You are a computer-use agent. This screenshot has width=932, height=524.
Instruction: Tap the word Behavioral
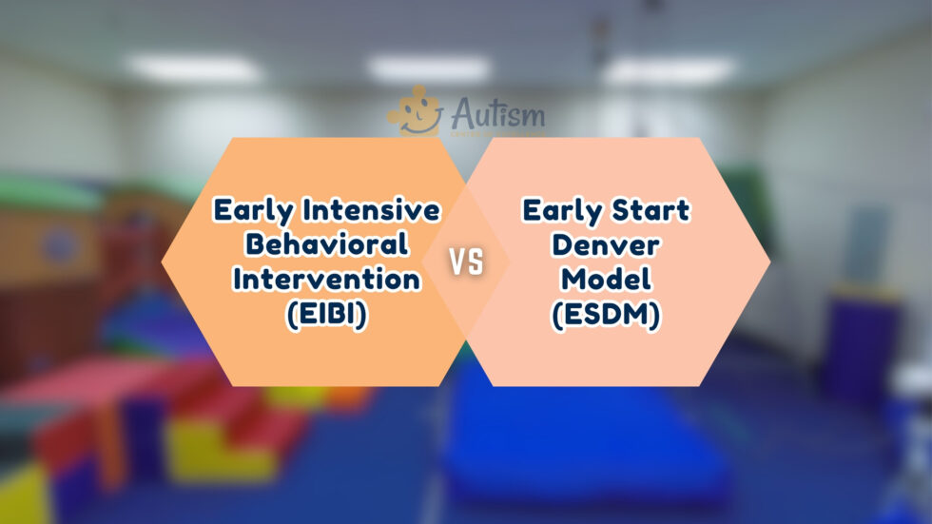coord(327,244)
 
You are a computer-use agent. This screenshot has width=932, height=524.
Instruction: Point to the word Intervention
coord(327,280)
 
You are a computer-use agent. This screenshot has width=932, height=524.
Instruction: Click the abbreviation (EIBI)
coord(327,316)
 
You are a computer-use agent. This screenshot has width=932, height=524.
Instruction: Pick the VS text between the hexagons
coord(466,263)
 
